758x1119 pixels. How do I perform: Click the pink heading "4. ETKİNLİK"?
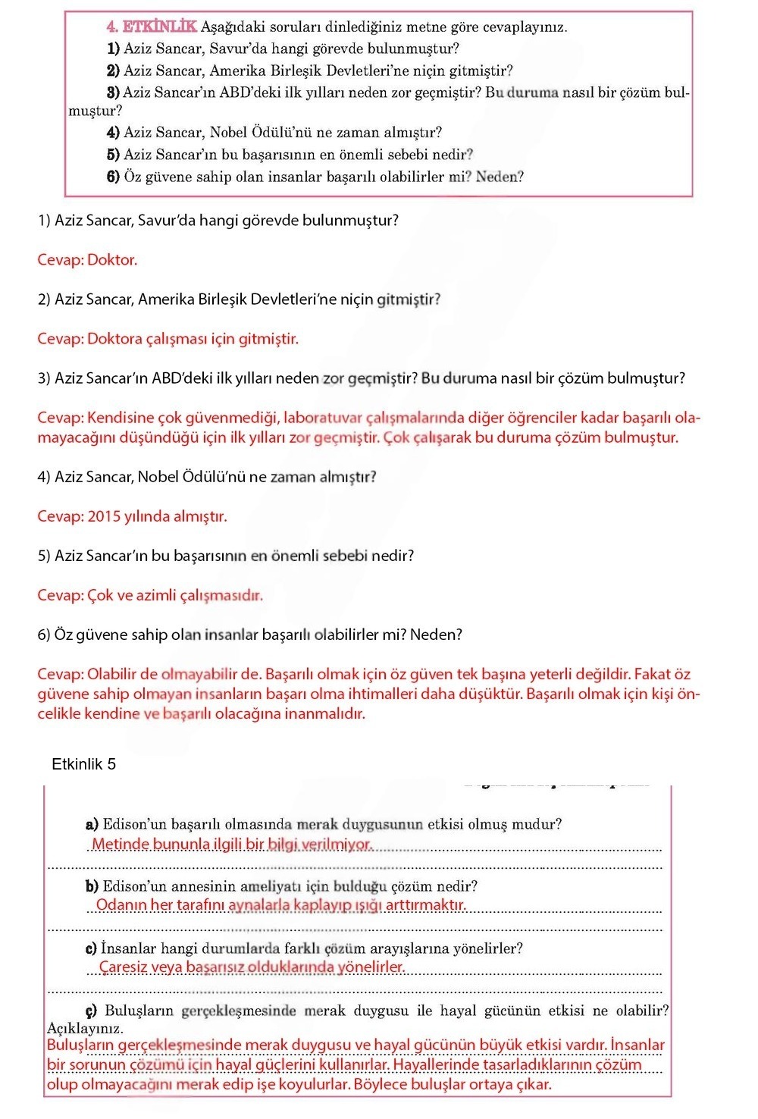pyautogui.click(x=152, y=27)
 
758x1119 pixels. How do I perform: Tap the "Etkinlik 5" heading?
pyautogui.click(x=83, y=764)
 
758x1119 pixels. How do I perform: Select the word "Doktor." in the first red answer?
pyautogui.click(x=112, y=260)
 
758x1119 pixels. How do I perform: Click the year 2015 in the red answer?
pyautogui.click(x=104, y=517)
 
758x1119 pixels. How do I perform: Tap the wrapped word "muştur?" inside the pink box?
pyautogui.click(x=96, y=111)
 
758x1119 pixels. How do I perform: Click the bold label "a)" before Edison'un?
pyautogui.click(x=92, y=824)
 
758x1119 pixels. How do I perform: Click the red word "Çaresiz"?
pyautogui.click(x=124, y=967)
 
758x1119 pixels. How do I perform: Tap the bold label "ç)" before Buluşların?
pyautogui.click(x=91, y=1011)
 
